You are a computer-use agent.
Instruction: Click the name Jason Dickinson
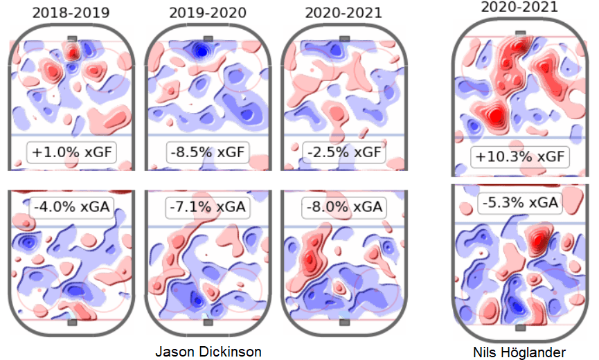(x=208, y=352)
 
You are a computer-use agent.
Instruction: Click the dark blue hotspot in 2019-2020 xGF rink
(x=201, y=50)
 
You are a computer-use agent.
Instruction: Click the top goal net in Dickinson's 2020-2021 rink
(x=344, y=39)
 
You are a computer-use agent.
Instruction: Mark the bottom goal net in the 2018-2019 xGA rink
(x=73, y=323)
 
